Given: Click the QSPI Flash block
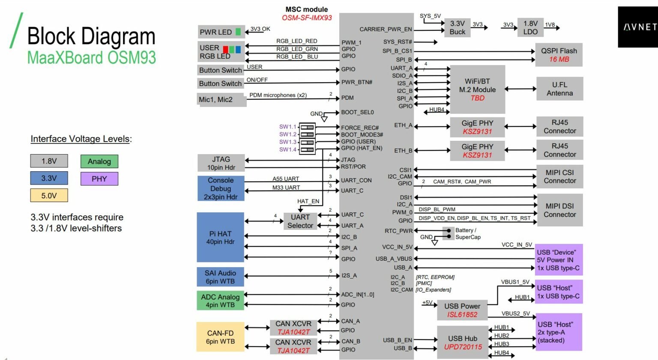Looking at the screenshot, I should pos(559,55).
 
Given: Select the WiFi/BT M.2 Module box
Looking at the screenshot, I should pos(477,89).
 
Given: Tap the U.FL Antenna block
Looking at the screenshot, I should pos(559,89).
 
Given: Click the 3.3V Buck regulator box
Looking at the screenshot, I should pos(458,27).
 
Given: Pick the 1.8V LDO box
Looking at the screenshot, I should pos(530,27).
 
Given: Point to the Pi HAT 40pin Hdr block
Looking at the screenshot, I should pos(220,237).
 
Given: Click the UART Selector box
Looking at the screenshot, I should pos(300,221).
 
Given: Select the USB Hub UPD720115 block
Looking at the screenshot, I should pos(462,342).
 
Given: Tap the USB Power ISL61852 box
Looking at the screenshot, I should pos(462,310).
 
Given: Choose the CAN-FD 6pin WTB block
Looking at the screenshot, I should pos(220,336).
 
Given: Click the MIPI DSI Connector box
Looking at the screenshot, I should pos(559,210).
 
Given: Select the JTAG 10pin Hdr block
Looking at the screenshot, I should pos(221,163).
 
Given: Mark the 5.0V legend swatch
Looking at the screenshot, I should pos(49,195).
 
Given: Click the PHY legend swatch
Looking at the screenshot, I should pos(99,179).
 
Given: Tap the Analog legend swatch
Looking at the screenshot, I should pos(99,161).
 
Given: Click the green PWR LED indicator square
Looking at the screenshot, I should pos(238,32).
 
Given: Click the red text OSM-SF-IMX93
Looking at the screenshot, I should pos(307,18).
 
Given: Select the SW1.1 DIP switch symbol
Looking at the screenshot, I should pos(307,127).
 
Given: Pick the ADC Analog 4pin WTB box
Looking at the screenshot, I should pos(220,300).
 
